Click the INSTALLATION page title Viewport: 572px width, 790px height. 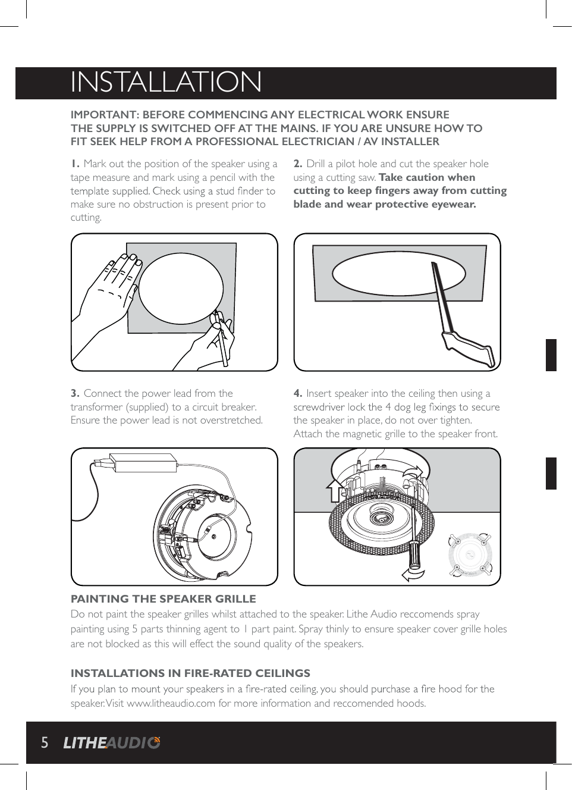(x=166, y=82)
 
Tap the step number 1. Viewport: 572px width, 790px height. (x=75, y=164)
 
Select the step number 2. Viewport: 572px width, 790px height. (x=298, y=164)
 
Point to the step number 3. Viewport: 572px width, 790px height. (x=75, y=393)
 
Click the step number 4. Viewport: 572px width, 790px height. (x=298, y=393)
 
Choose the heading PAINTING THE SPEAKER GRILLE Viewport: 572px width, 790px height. (x=163, y=599)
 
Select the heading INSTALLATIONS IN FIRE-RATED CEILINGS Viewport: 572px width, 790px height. (x=190, y=673)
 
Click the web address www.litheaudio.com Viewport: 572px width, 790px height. (x=171, y=703)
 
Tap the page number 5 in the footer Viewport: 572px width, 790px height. (x=45, y=742)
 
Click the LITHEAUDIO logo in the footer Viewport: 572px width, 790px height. (x=112, y=742)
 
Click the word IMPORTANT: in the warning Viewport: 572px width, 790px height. (x=105, y=115)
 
